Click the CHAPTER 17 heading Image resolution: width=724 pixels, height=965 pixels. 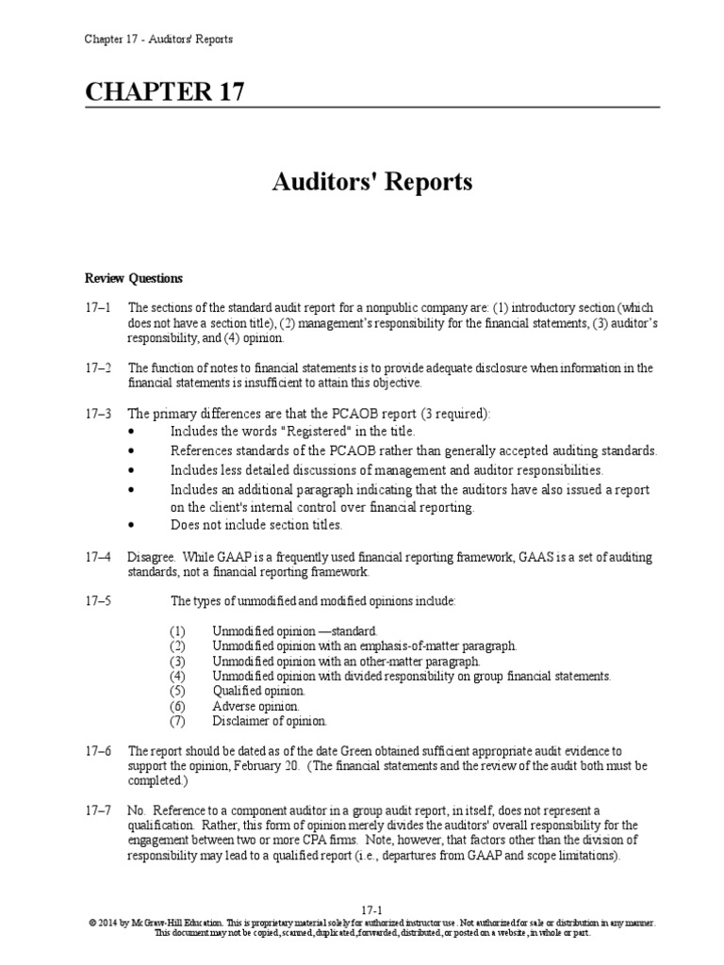tap(165, 92)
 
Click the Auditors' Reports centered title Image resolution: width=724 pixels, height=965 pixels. tap(373, 181)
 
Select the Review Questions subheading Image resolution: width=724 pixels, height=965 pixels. tap(134, 279)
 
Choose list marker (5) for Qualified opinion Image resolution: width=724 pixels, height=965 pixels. tap(178, 691)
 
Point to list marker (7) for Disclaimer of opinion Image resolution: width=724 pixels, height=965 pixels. tap(178, 721)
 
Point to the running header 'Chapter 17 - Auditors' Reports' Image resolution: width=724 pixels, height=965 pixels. tap(158, 39)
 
